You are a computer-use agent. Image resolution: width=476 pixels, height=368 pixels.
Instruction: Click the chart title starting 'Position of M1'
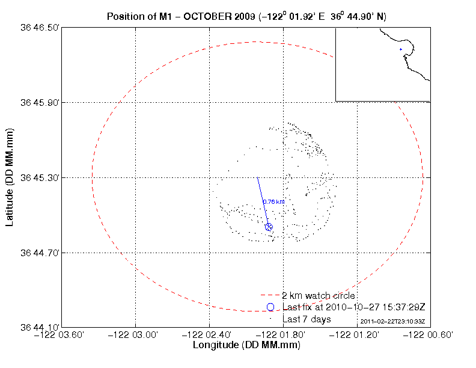click(x=251, y=16)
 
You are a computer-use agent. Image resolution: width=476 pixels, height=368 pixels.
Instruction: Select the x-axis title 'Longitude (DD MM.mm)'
click(x=246, y=346)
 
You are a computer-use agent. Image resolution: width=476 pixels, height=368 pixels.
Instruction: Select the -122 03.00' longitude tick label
click(x=136, y=335)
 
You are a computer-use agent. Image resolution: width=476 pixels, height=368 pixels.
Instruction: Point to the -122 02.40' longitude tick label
click(x=209, y=335)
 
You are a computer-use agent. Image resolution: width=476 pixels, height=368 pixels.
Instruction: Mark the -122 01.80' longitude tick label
click(x=283, y=335)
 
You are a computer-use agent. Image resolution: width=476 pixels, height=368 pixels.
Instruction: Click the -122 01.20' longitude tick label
click(x=357, y=335)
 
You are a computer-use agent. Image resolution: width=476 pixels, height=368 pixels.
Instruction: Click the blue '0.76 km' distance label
click(x=273, y=202)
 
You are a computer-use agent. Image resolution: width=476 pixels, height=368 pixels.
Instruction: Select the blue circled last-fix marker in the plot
click(x=269, y=227)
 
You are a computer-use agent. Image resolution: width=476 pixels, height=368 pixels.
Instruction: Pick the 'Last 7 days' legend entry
click(x=307, y=319)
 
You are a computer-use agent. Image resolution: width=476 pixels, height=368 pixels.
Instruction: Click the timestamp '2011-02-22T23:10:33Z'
click(x=392, y=322)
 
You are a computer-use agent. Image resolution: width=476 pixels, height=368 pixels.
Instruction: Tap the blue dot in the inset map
click(x=400, y=49)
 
